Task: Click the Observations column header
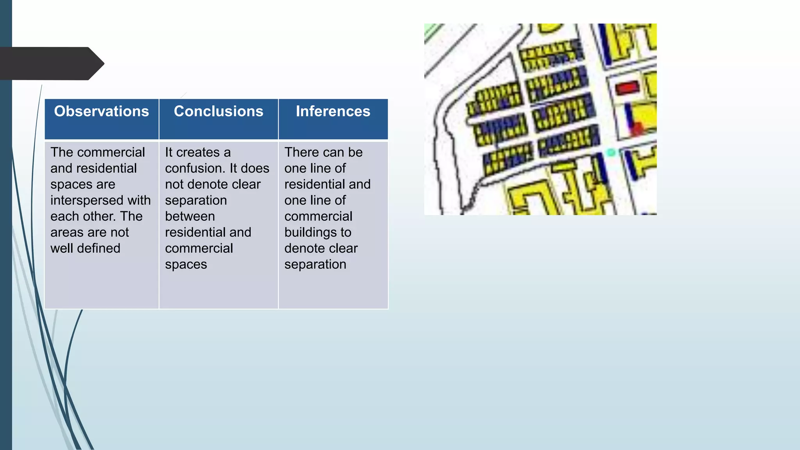point(102,111)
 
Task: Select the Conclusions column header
point(218,111)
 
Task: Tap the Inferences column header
point(333,111)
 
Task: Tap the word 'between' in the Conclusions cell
point(190,216)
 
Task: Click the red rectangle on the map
point(627,87)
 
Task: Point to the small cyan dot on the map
point(611,153)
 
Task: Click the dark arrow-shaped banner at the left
point(51,63)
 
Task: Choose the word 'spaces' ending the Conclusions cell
point(186,264)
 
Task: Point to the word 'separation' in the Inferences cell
point(315,264)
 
